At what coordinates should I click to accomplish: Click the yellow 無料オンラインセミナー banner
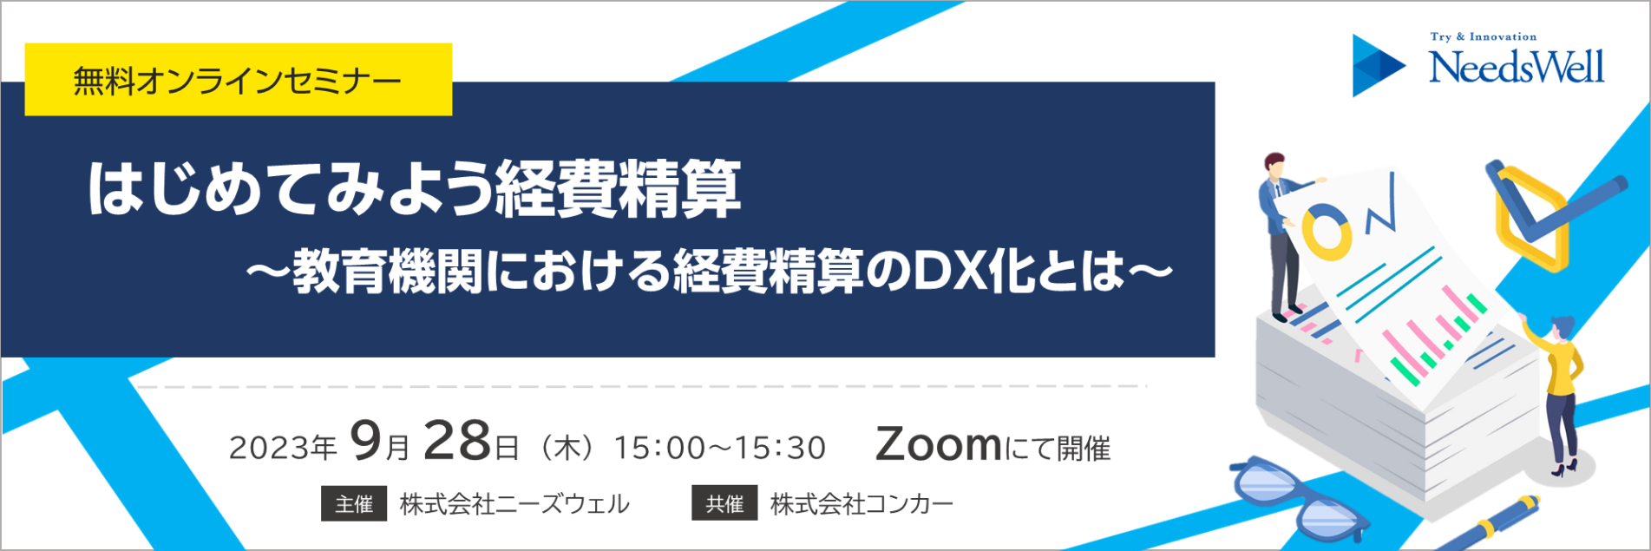(x=239, y=79)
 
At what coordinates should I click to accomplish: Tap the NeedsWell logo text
(x=1517, y=67)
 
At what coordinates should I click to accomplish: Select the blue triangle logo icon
(x=1379, y=65)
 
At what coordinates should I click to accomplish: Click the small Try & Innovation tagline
(x=1484, y=37)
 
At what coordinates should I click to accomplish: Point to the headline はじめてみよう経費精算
(x=415, y=188)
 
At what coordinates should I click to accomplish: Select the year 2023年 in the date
(x=283, y=448)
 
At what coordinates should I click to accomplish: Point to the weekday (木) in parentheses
(x=567, y=448)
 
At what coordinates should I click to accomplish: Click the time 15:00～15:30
(x=720, y=448)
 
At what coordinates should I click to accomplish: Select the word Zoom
(x=939, y=444)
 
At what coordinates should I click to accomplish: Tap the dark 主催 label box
(x=354, y=503)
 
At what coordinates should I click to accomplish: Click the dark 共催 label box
(x=724, y=503)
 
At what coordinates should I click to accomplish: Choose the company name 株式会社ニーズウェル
(x=515, y=504)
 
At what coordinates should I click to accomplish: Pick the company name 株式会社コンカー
(x=862, y=504)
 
